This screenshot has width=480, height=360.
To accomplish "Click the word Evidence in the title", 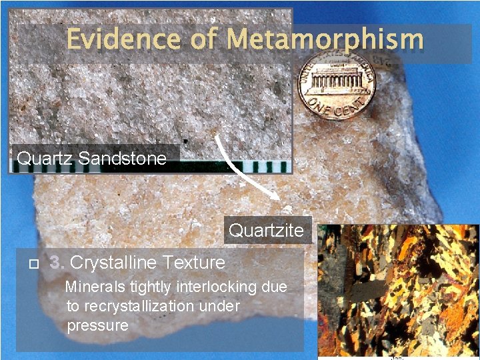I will (123, 39).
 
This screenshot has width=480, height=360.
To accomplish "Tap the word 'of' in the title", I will (202, 39).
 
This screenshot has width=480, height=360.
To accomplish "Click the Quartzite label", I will (266, 231).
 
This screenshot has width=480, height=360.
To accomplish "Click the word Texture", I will (193, 263).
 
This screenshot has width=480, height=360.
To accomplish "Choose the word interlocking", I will (215, 287).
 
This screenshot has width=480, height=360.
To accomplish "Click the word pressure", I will (97, 326).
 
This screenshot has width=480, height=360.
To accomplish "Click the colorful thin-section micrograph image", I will (398, 292).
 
